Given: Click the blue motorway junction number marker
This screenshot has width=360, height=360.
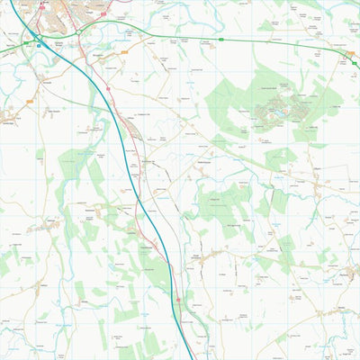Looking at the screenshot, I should pyautogui.click(x=39, y=41).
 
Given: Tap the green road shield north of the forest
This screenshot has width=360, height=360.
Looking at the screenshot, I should pyautogui.click(x=220, y=40).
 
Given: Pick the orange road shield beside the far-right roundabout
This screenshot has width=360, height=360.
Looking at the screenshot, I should pyautogui.click(x=352, y=53).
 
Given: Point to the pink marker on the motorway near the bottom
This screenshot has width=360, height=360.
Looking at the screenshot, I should pyautogui.click(x=178, y=300).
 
